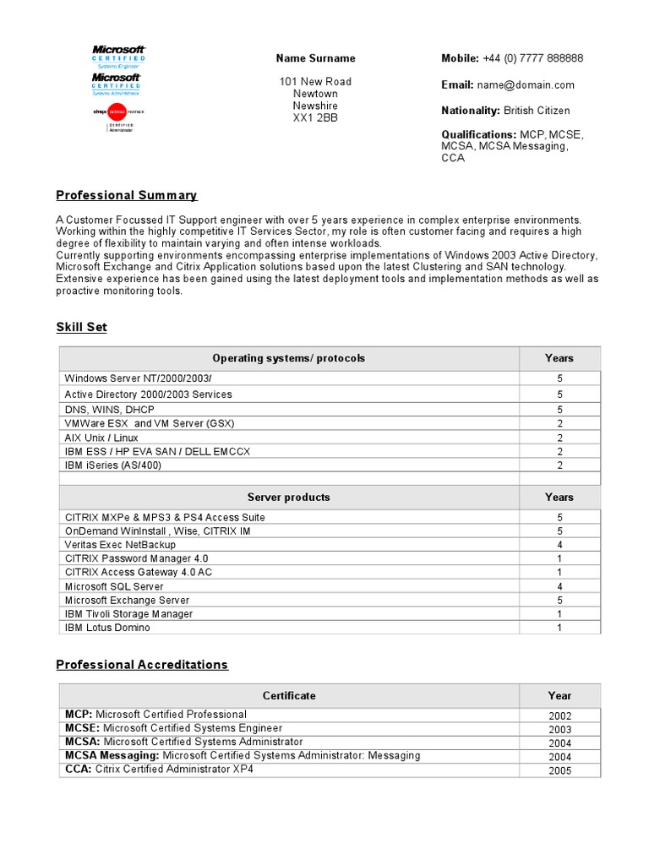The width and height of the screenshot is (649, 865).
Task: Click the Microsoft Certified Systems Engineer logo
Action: [118, 53]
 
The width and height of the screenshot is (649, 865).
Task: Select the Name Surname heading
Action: [315, 58]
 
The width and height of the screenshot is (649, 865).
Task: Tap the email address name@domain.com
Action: [525, 84]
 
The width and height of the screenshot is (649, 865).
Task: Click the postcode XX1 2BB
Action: [315, 118]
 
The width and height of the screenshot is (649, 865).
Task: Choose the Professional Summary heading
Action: [127, 195]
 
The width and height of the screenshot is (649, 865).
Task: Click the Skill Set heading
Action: [81, 327]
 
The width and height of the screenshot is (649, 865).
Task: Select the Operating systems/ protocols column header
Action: [288, 358]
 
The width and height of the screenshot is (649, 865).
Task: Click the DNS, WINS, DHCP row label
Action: [109, 409]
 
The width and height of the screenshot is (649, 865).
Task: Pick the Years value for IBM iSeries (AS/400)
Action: [559, 465]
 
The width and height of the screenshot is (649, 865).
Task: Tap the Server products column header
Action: [288, 497]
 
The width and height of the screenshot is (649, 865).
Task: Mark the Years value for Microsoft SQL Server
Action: [559, 586]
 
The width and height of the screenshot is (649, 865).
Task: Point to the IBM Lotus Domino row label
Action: [107, 628]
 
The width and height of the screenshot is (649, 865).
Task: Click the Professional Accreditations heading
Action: [142, 665]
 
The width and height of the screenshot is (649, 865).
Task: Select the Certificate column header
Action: [288, 695]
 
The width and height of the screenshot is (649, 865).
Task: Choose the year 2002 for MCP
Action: [559, 715]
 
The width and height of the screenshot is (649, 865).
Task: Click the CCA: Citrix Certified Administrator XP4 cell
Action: [159, 770]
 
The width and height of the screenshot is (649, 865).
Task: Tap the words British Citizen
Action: [537, 111]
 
